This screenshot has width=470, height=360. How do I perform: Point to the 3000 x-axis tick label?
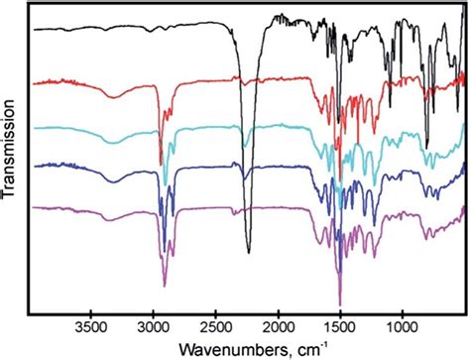click(x=154, y=323)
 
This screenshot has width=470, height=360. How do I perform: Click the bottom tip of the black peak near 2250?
click(x=248, y=250)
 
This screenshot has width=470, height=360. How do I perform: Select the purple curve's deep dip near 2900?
click(x=165, y=286)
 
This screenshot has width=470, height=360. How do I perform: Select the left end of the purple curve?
click(x=35, y=208)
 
